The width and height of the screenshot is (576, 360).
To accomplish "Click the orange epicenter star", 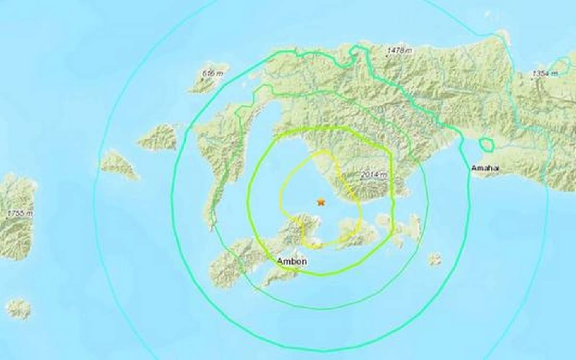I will point(321,202).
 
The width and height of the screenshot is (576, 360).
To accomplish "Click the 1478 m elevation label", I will point(400,51).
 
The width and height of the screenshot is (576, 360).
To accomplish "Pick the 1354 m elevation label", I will point(545,73).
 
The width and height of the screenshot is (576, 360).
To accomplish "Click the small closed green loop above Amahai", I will point(486,145).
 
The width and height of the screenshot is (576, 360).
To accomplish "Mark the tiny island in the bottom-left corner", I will point(19,308).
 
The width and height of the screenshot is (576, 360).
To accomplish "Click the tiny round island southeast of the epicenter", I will point(434,259).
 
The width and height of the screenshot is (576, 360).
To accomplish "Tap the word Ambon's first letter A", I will point(280,262).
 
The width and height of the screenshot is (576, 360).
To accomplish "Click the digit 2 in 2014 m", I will point(365,175).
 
